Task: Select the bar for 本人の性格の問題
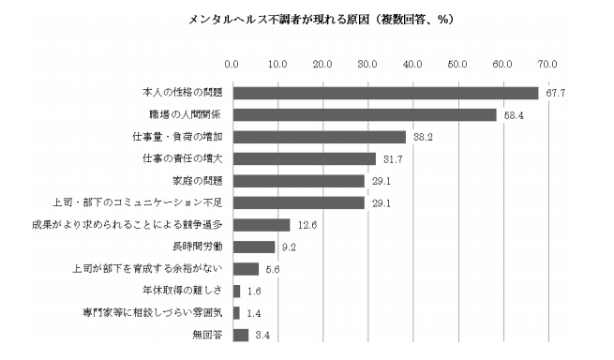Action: (x=385, y=93)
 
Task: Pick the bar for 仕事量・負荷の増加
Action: (x=319, y=137)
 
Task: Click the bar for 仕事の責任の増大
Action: (x=304, y=158)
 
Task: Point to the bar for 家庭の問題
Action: (x=298, y=180)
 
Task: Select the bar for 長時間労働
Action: (x=253, y=247)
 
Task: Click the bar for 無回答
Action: (x=240, y=335)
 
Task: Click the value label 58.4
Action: (x=512, y=114)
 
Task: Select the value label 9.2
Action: (x=289, y=247)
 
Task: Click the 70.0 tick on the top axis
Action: (x=547, y=64)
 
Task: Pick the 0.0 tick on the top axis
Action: (x=232, y=64)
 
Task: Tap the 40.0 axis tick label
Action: (x=412, y=64)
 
